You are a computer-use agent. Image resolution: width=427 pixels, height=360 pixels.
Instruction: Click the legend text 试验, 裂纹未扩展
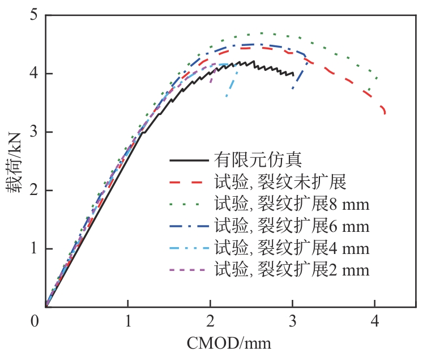pyautogui.click(x=280, y=182)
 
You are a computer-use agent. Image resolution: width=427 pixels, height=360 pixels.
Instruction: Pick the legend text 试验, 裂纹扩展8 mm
pyautogui.click(x=292, y=204)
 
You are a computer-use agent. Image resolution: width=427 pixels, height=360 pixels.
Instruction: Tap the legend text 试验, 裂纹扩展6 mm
pyautogui.click(x=292, y=226)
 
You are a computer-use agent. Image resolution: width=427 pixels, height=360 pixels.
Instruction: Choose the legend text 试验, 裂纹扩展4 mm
pyautogui.click(x=292, y=248)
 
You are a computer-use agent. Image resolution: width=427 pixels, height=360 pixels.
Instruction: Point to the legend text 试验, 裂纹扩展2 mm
pyautogui.click(x=292, y=270)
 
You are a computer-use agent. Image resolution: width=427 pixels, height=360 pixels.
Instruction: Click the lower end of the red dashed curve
pyautogui.click(x=385, y=114)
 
